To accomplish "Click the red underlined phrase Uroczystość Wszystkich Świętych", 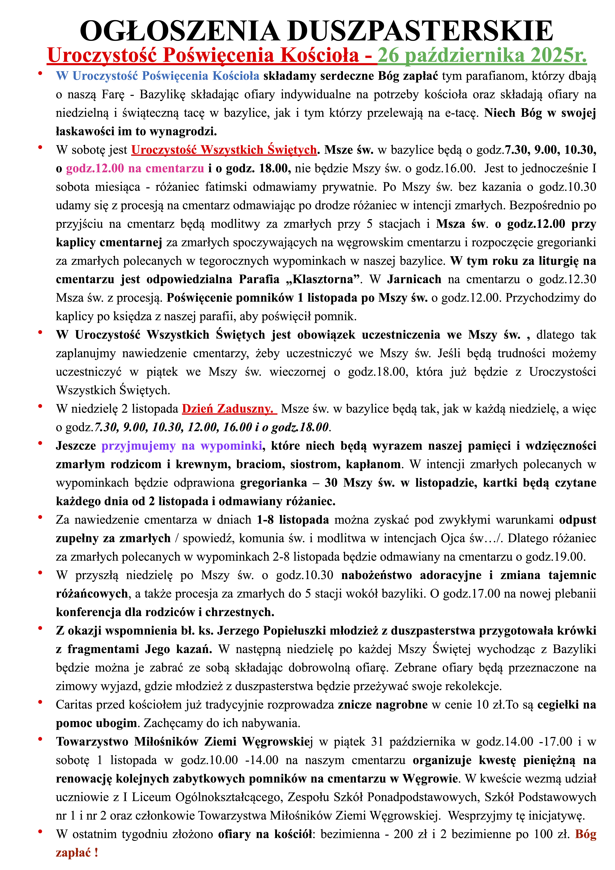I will point(224,150).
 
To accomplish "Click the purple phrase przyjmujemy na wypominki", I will point(182,446).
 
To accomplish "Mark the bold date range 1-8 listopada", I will point(293,520).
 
